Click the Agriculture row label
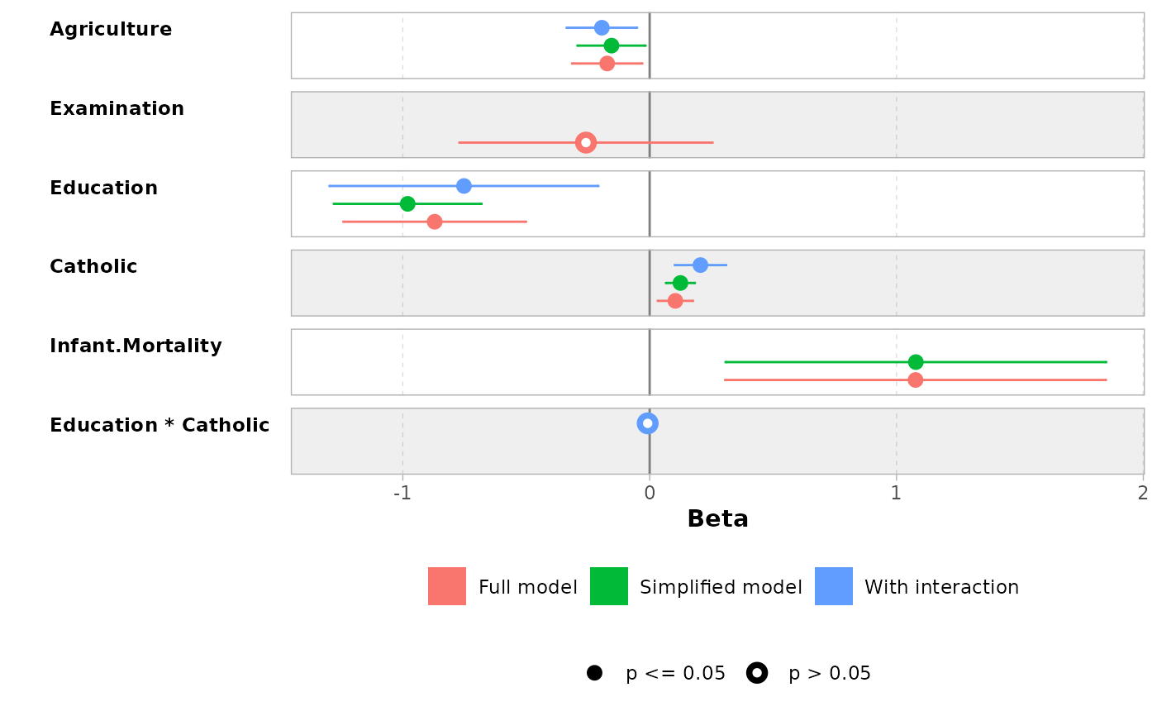click(x=111, y=30)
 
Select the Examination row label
click(x=117, y=109)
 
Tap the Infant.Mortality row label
click(x=136, y=346)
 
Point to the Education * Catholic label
click(x=160, y=426)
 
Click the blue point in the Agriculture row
click(x=602, y=27)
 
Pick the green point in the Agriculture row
click(x=612, y=45)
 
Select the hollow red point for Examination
click(x=586, y=142)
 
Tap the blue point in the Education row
click(x=464, y=186)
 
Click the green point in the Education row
click(x=407, y=203)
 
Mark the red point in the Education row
click(x=435, y=222)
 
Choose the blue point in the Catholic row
click(x=700, y=265)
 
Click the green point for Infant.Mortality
click(x=916, y=362)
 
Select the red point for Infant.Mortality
click(x=916, y=380)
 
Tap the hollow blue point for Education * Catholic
click(x=648, y=423)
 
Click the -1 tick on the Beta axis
click(x=402, y=494)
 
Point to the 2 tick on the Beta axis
click(x=1142, y=494)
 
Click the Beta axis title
click(x=717, y=519)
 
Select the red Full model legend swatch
click(x=447, y=586)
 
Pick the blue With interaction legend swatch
click(x=834, y=586)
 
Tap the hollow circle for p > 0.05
click(x=757, y=673)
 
